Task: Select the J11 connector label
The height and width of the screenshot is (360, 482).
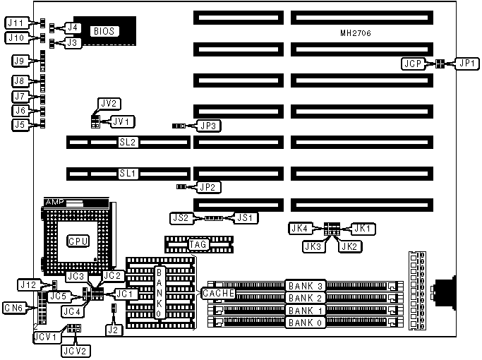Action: tap(16, 23)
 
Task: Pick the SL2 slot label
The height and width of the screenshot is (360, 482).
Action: tap(128, 142)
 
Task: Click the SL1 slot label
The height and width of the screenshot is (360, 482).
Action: tap(128, 173)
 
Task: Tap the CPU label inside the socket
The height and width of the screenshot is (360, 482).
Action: tap(78, 241)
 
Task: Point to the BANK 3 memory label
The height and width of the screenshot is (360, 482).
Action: tap(305, 286)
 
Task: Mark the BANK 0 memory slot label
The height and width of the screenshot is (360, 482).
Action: tap(305, 323)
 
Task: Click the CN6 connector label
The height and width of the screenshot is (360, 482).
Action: tap(16, 308)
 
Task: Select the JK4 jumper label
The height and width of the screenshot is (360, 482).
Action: tap(300, 227)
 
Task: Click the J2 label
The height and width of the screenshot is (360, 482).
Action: tap(112, 328)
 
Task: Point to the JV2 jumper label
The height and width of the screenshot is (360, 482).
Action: tap(109, 103)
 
